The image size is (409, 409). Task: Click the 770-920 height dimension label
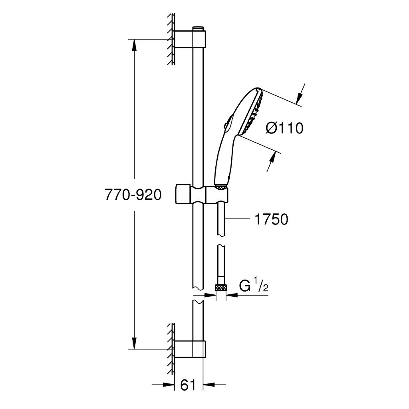click(133, 195)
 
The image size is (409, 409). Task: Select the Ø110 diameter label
click(284, 128)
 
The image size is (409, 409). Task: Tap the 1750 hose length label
click(271, 219)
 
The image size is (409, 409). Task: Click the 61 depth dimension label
click(188, 385)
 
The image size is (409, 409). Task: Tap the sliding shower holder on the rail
click(202, 195)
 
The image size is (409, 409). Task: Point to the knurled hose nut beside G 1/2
click(221, 288)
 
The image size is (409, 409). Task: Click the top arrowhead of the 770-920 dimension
click(134, 45)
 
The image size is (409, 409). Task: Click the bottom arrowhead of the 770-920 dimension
click(134, 343)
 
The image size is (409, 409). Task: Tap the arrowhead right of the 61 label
click(209, 384)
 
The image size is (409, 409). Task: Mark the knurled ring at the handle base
click(221, 186)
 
